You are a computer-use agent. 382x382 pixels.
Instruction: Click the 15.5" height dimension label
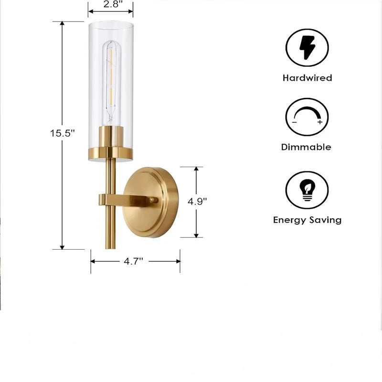coord(62,133)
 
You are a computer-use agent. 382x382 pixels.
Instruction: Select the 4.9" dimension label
coord(197,202)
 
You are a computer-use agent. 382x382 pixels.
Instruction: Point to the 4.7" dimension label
coord(133,261)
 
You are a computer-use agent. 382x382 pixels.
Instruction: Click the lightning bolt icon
coord(307,47)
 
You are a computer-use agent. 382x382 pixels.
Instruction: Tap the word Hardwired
coord(307,78)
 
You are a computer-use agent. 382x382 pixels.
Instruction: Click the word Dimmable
coord(306,147)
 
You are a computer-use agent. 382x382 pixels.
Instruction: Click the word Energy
coord(290,220)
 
